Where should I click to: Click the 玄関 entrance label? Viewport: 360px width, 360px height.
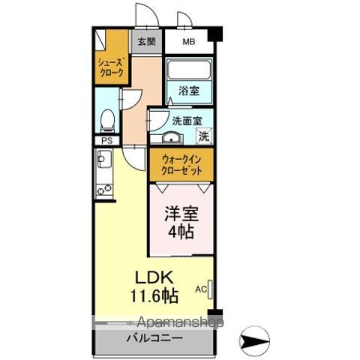(x=142, y=42)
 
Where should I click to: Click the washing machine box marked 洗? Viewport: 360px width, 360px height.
(x=203, y=136)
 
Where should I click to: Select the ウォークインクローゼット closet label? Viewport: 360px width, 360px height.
(x=184, y=163)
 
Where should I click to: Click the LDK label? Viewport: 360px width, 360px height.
(x=151, y=277)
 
